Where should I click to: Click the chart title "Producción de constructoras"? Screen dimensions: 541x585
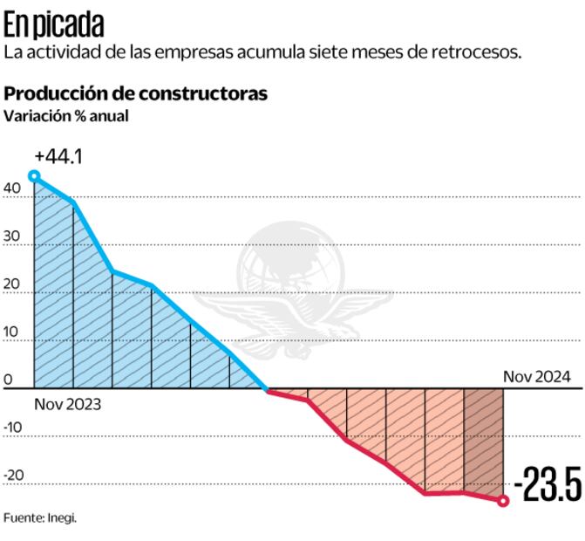(x=136, y=93)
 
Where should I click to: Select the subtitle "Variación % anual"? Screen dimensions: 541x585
(x=67, y=114)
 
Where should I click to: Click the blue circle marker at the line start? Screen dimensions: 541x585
(x=34, y=176)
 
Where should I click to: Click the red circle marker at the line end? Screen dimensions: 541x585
(x=503, y=501)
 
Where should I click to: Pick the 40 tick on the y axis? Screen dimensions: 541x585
(x=11, y=188)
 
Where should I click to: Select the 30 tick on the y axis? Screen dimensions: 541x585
(x=11, y=236)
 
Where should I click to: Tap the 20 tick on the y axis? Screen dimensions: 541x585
(x=11, y=284)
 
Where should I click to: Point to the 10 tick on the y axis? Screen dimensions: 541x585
(x=11, y=332)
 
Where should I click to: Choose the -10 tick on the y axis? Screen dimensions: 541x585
(x=13, y=428)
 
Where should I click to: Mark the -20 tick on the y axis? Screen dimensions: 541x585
(x=13, y=476)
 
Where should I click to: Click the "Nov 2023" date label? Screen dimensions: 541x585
(x=68, y=404)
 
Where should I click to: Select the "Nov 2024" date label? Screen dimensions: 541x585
(x=537, y=377)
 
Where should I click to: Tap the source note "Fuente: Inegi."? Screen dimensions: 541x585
(x=41, y=517)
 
